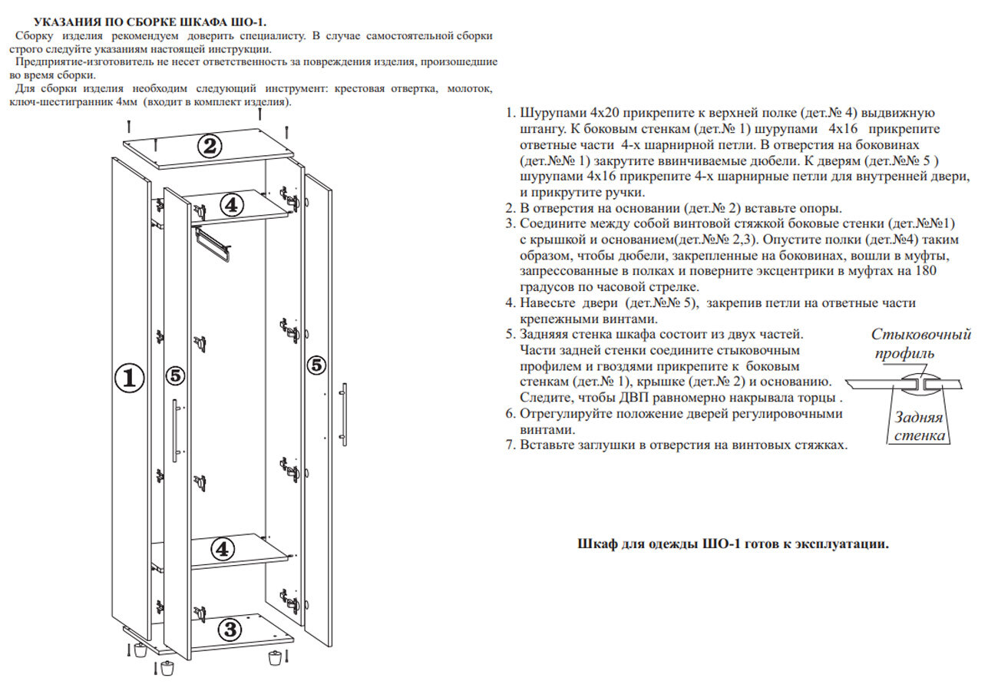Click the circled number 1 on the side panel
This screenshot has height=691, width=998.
click(x=130, y=377)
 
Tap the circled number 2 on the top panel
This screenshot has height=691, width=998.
click(x=210, y=146)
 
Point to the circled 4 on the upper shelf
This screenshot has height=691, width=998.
click(x=233, y=204)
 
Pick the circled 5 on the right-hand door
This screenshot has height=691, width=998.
click(x=316, y=365)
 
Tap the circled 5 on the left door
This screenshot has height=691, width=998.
click(x=175, y=375)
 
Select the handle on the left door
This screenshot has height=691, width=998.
click(x=176, y=430)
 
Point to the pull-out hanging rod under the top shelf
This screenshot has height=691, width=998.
click(x=214, y=243)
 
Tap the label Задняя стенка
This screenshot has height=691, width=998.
click(x=918, y=428)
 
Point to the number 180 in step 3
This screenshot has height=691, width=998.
click(x=922, y=272)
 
